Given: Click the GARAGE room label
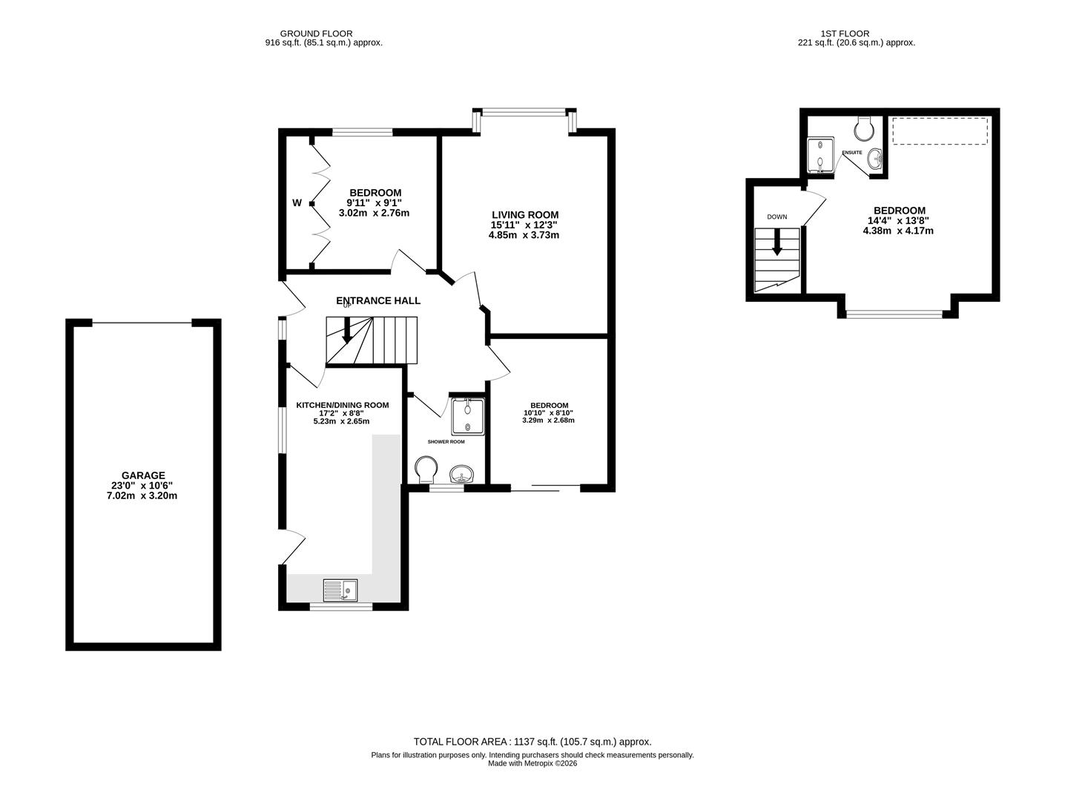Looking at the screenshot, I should click(x=143, y=475).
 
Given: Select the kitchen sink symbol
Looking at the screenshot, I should click(x=340, y=590).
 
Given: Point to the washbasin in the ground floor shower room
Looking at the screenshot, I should click(x=462, y=474).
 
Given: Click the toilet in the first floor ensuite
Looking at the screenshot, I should click(x=864, y=129).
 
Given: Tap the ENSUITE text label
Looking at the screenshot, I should click(x=852, y=153).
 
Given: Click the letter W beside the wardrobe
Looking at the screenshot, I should click(x=297, y=202).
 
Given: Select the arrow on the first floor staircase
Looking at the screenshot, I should click(x=777, y=242).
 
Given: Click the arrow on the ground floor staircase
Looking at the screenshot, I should click(x=346, y=330).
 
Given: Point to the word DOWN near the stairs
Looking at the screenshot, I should click(x=777, y=217).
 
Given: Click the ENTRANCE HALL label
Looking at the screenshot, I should click(x=378, y=300).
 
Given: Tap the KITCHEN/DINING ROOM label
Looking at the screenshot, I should click(x=342, y=405).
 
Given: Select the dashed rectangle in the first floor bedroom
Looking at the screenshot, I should click(x=940, y=131).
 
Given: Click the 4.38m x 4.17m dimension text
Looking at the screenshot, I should click(x=897, y=231).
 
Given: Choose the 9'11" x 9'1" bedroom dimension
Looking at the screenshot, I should click(x=374, y=202).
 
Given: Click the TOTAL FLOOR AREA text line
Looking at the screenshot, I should click(x=532, y=742).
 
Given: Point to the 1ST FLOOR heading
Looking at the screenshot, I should click(x=845, y=33).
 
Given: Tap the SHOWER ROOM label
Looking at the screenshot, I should click(x=446, y=441).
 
